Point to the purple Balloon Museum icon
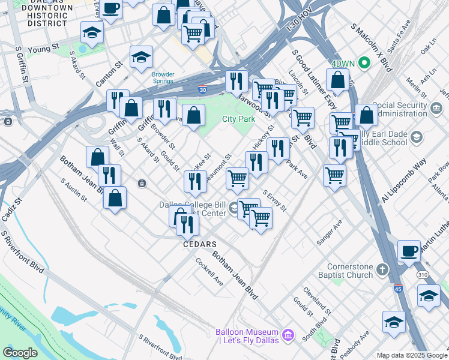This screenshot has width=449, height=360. point(288,332)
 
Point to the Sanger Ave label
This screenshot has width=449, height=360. point(330,232)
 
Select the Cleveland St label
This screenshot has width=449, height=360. point(318,300)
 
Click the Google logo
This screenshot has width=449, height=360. point(20,353)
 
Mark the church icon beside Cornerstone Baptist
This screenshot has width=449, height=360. point(383,267)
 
